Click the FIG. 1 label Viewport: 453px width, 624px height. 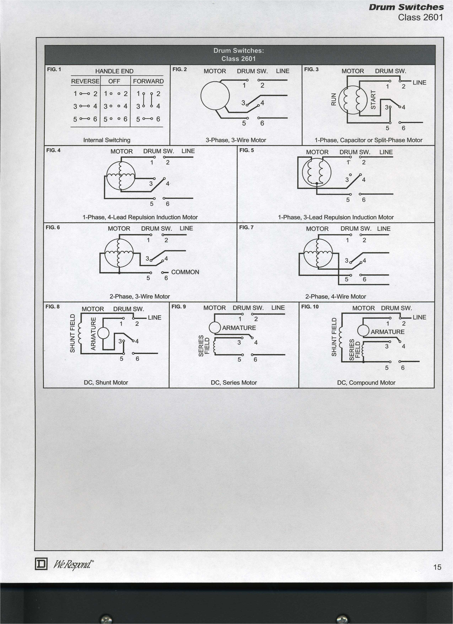54,69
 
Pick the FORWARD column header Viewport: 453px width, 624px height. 148,81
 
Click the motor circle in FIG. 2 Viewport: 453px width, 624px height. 215,96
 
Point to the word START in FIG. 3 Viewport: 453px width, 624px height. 373,100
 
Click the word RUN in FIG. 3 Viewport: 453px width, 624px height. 334,99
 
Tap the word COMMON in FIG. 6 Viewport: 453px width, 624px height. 185,272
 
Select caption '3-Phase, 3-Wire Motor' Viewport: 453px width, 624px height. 236,140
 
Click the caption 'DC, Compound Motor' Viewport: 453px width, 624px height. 366,383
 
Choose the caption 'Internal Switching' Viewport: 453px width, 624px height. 107,140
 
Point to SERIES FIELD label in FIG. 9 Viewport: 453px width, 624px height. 204,346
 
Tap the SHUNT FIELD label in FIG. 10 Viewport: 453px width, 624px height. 334,337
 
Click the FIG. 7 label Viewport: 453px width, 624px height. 246,227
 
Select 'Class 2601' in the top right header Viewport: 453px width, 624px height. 420,17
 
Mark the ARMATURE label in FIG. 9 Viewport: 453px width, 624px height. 239,328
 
